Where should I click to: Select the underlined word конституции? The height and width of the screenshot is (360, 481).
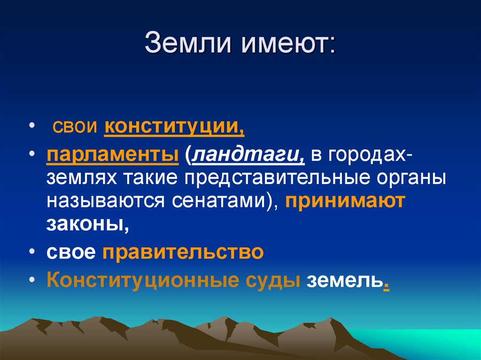(174, 128)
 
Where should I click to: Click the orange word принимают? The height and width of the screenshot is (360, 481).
(344, 201)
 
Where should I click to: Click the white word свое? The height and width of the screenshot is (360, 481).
(71, 253)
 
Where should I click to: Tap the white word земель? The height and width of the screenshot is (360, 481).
(344, 280)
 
